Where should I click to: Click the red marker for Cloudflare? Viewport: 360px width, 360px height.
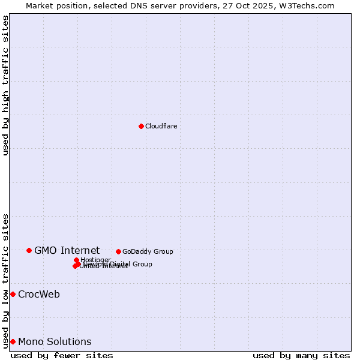141,126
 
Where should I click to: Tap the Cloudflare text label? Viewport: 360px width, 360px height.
161,126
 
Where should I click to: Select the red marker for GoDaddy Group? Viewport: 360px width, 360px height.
118,251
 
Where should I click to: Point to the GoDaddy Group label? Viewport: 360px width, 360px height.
148,251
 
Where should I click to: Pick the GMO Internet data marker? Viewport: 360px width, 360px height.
29,250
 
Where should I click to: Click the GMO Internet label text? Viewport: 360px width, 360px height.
67,250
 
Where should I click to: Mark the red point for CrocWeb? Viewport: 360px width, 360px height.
13,294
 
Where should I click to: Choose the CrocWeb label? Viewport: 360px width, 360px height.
39,294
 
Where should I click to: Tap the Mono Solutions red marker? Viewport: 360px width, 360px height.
13,341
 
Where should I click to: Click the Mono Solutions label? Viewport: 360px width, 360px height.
55,341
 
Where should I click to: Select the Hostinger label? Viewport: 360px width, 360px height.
95,260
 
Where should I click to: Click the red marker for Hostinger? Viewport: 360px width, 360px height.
76,260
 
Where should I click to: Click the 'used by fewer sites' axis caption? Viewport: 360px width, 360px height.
62,355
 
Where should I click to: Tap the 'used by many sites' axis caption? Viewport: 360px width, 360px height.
301,355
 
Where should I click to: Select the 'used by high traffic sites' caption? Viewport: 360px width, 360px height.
6,85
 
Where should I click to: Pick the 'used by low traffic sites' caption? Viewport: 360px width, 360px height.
6,280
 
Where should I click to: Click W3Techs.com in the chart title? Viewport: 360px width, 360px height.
310,5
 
